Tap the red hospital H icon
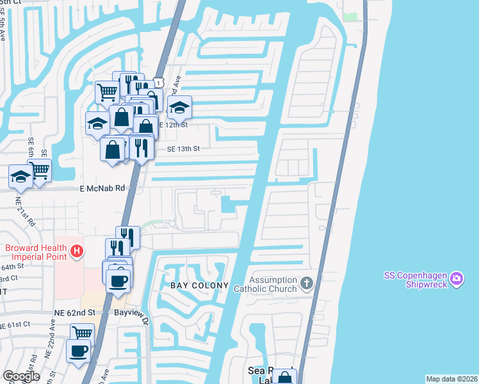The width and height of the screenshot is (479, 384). (x=77, y=250)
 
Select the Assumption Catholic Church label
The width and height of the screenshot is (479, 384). (x=273, y=284)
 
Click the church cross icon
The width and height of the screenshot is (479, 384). (x=307, y=282)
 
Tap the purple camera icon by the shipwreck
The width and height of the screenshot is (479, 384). (x=456, y=278)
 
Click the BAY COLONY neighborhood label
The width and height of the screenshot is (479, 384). (x=190, y=284)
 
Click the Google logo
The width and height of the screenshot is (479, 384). (x=21, y=376)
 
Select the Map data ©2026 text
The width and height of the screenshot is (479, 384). (x=451, y=379)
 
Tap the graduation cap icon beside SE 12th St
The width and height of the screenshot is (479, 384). (x=180, y=107)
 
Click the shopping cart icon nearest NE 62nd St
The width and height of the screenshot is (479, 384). (x=82, y=333)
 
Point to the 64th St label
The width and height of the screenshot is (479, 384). (x=14, y=266)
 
